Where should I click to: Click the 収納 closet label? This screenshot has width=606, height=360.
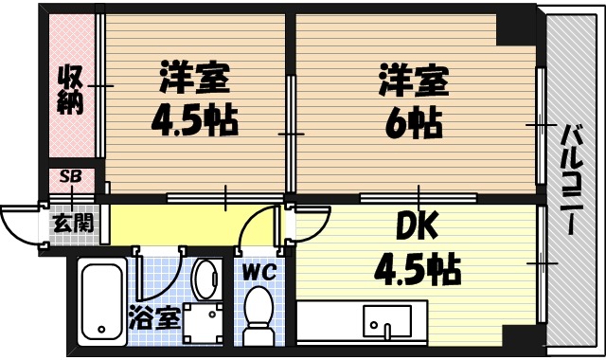point(71,91)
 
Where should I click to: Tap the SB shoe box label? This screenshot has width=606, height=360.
point(71,176)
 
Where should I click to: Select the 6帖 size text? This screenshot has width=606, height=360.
point(413,120)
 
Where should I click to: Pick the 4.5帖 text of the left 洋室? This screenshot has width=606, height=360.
point(196,120)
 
